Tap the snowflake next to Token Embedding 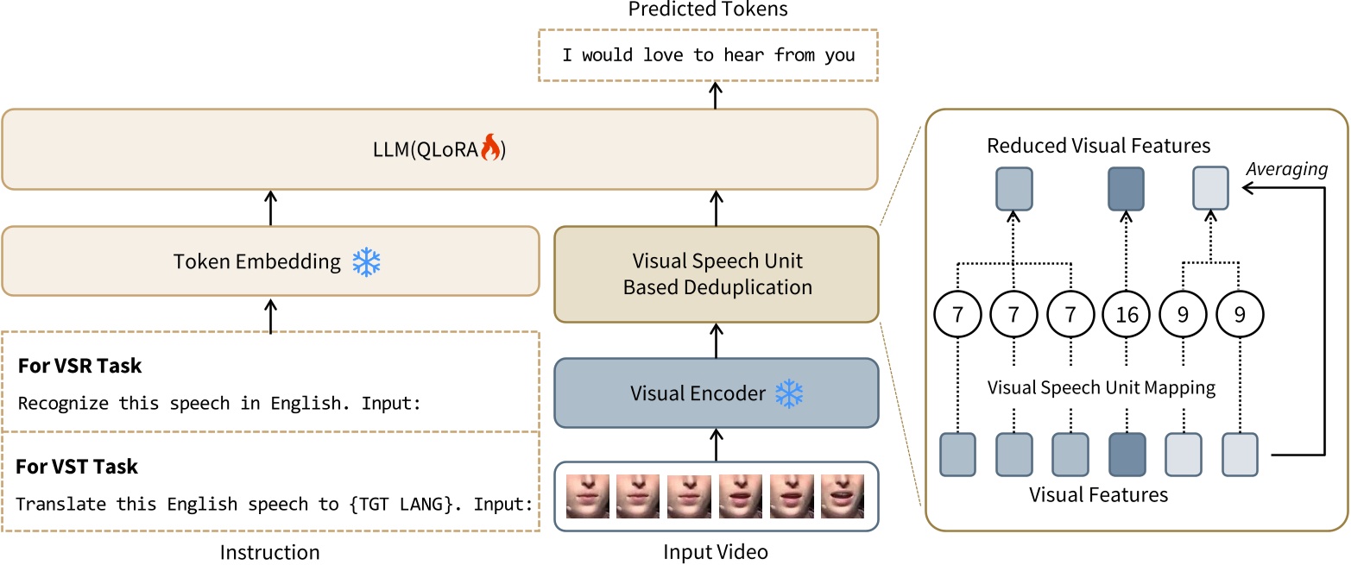(x=366, y=262)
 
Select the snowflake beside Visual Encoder (x=788, y=393)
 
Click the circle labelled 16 (x=1127, y=315)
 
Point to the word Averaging (x=1286, y=170)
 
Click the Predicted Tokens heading (x=708, y=9)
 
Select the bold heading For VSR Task (x=79, y=366)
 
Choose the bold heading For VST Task (x=78, y=467)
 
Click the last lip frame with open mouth (x=842, y=496)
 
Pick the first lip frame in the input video (x=588, y=496)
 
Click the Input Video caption (x=715, y=551)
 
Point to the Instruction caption (x=270, y=552)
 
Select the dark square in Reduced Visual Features (x=1127, y=189)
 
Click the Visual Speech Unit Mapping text (x=1101, y=388)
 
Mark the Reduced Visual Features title (x=1099, y=145)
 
